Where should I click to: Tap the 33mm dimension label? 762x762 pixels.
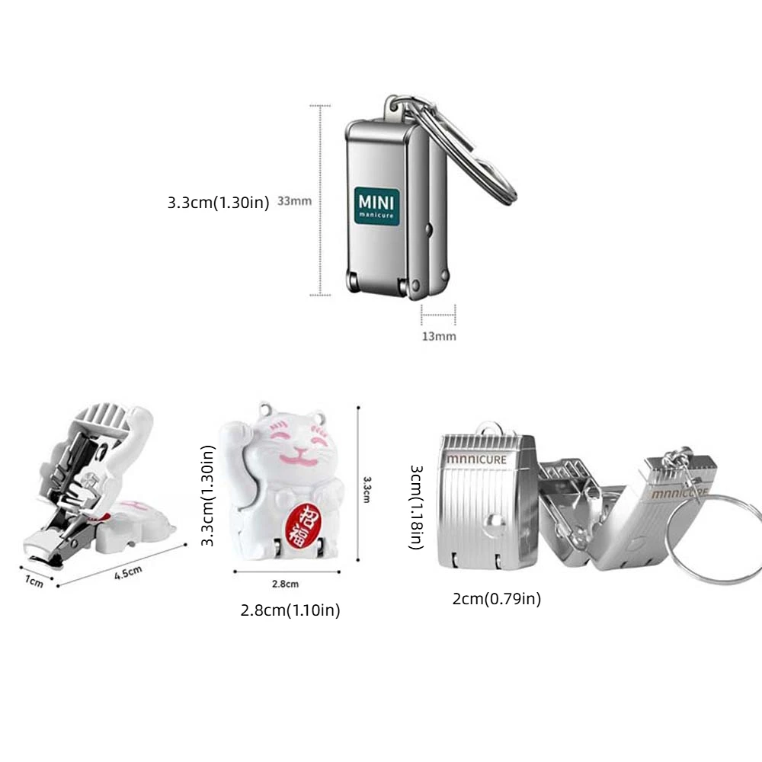tap(294, 202)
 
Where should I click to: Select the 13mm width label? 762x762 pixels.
tap(438, 336)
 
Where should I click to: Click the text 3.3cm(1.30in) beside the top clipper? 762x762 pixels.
tap(219, 203)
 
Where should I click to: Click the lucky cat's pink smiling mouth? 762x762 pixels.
tap(297, 459)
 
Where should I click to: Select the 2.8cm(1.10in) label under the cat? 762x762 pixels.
tap(290, 610)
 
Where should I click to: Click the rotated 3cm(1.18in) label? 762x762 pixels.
tap(416, 507)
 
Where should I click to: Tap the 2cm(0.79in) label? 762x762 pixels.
tap(497, 599)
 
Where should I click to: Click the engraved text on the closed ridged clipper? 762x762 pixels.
tap(477, 459)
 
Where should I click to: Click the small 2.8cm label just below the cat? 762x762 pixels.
tap(285, 584)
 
